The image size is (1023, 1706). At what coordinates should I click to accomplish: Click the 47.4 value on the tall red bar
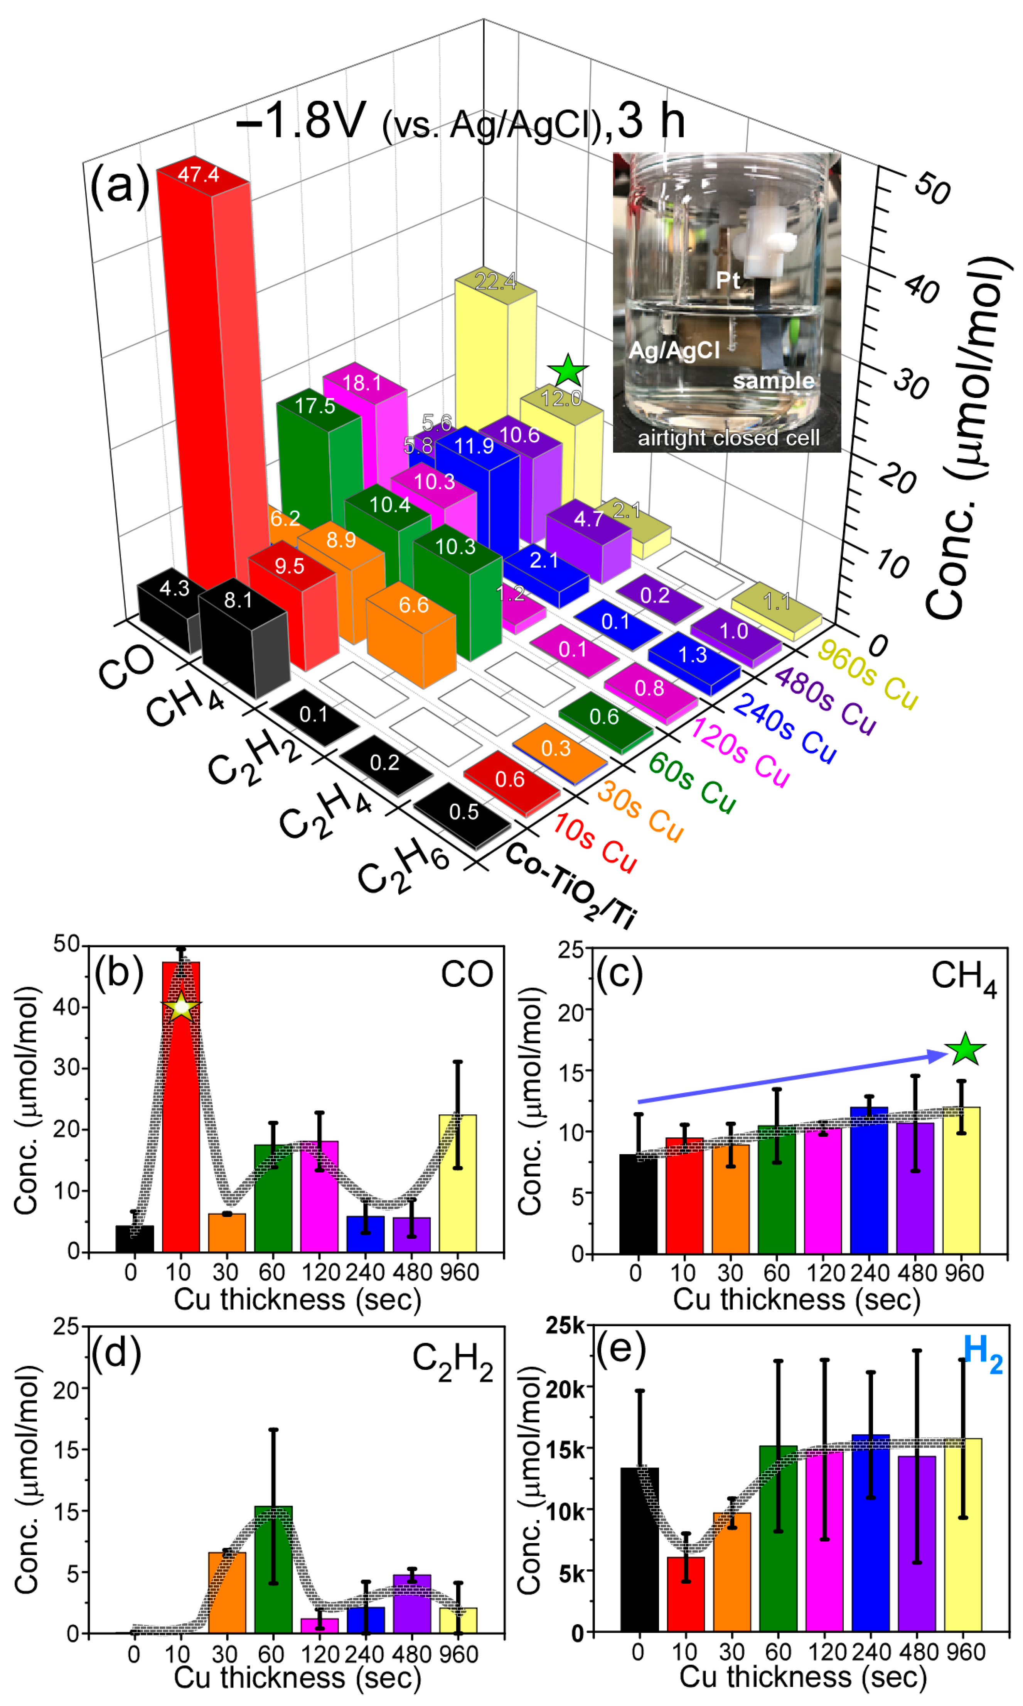click(199, 174)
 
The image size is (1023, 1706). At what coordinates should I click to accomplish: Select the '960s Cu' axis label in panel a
click(867, 674)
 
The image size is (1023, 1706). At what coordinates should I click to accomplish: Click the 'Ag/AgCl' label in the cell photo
click(674, 350)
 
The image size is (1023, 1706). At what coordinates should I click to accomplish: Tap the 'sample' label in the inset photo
click(774, 381)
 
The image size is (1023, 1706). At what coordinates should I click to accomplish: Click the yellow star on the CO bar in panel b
click(180, 1007)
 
